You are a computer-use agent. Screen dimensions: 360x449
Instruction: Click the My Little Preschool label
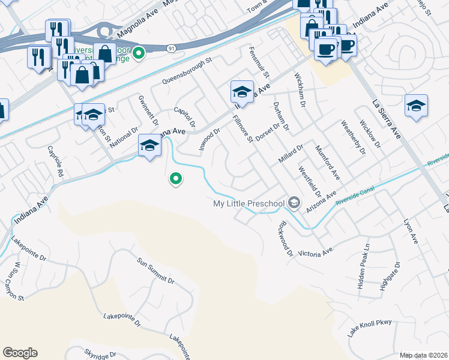pos(249,203)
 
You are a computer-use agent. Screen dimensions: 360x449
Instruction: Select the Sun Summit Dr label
pos(155,272)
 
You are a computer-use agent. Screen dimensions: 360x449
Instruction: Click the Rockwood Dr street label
pos(285,239)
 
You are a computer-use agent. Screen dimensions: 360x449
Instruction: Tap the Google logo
pos(20,353)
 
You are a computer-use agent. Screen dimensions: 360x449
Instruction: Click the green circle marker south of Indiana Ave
pos(175,178)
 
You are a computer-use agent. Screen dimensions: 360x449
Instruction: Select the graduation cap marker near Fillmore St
pos(241,91)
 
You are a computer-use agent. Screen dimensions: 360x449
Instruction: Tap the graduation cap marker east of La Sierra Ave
pos(416,105)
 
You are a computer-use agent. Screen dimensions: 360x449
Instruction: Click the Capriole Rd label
pos(56,159)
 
